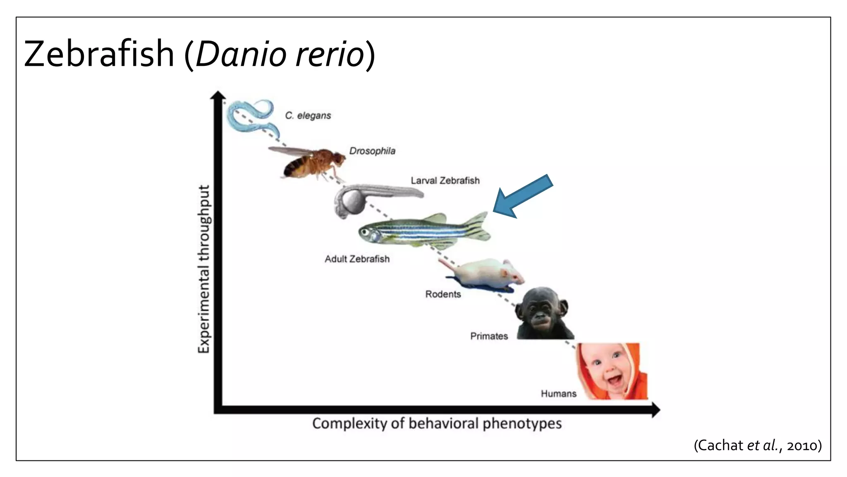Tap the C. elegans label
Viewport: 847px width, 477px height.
(308, 116)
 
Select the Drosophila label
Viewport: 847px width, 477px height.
(372, 151)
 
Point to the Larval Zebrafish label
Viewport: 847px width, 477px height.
(445, 181)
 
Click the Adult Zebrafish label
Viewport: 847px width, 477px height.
(357, 259)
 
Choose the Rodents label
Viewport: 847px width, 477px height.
(443, 294)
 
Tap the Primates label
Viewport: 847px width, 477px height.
(489, 336)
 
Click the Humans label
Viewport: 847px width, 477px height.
(558, 393)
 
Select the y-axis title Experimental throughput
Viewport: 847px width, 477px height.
(203, 269)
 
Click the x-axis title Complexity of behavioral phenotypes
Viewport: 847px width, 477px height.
(437, 424)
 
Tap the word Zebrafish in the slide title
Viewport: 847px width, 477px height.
(99, 54)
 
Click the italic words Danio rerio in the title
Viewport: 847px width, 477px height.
(280, 54)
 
